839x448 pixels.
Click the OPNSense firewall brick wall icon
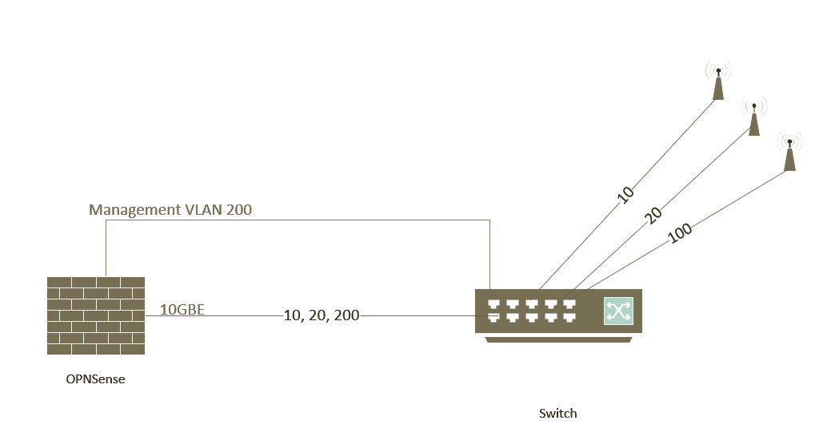click(96, 315)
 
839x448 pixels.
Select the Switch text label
click(557, 414)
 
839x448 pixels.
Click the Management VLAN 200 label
click(170, 210)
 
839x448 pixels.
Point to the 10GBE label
click(182, 309)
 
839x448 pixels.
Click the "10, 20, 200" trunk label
click(322, 315)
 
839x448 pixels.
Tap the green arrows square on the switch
click(618, 311)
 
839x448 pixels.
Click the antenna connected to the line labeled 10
click(718, 81)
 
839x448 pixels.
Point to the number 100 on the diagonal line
click(679, 233)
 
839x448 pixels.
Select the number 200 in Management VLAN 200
click(238, 210)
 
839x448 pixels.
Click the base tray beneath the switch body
click(558, 339)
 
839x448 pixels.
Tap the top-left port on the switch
click(493, 304)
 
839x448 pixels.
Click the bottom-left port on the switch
click(493, 318)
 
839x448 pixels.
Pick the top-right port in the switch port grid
click(569, 304)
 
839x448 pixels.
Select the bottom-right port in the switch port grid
click(569, 318)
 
